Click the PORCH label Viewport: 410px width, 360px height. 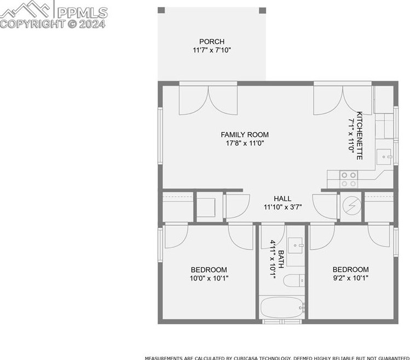click(212, 42)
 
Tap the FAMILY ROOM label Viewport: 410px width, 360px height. click(245, 135)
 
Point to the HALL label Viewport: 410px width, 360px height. click(282, 199)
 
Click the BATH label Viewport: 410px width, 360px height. click(280, 259)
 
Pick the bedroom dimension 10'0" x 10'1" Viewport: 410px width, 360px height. click(209, 278)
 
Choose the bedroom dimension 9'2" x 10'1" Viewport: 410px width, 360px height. click(350, 278)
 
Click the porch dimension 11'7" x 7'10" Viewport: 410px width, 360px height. click(212, 50)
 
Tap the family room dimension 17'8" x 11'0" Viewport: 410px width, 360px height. click(245, 143)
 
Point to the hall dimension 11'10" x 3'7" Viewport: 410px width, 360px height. click(282, 207)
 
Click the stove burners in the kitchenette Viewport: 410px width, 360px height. click(349, 179)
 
